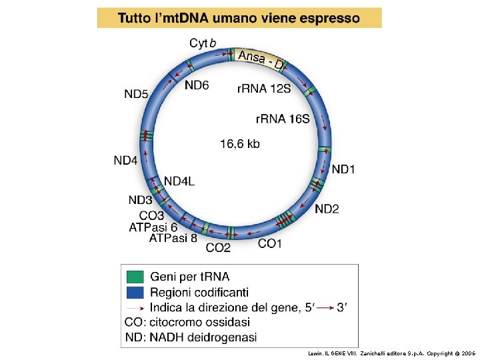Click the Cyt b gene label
pos(203,43)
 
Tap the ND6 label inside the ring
pos(197,85)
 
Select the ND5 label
pos(136,94)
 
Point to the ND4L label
pos(179,181)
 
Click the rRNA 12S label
pos(264,87)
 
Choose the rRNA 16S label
pos(283,119)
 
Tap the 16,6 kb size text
pos(239,143)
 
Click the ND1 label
pos(343,169)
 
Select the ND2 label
pos(327,209)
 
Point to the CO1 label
pos(270,243)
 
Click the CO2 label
pos(218,248)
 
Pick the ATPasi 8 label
pos(173,237)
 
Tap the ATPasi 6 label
pos(153,227)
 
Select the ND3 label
pos(141,200)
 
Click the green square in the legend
pos(135,276)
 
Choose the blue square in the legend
pos(135,292)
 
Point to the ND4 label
pos(125,160)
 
